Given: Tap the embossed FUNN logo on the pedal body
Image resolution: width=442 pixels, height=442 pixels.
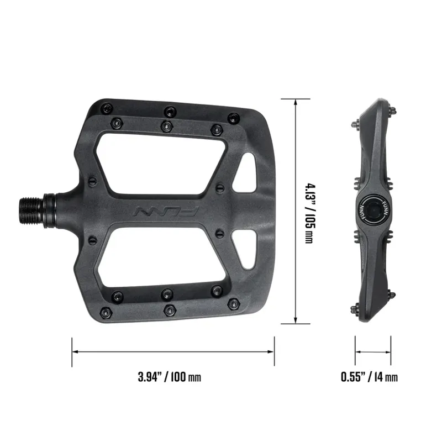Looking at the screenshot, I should (166, 211).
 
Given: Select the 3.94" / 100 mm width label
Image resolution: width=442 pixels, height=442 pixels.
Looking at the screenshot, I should (169, 378).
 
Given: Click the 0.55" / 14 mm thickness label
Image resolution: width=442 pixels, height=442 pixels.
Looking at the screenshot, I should (369, 378).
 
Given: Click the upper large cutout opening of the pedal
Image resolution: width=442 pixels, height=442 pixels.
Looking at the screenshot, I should (160, 164).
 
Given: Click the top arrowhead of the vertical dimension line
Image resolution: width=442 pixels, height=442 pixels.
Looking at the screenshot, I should (297, 103).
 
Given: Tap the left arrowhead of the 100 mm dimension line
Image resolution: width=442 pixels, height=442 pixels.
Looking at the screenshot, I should (76, 350).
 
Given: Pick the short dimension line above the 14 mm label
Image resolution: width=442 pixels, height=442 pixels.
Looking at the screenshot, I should (373, 350).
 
